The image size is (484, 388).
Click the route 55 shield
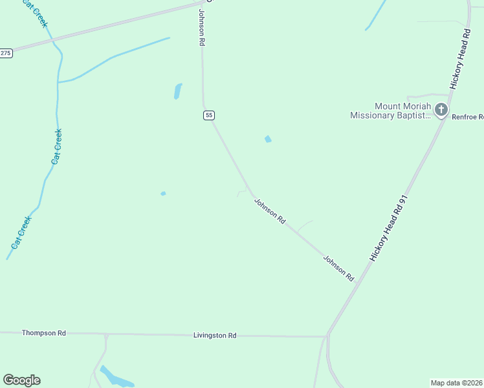tap(208, 115)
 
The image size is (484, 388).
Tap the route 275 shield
tap(6, 53)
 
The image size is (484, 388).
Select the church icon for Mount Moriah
tap(441, 110)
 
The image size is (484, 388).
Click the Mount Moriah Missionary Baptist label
tap(391, 111)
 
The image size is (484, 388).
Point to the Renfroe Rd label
tap(468, 117)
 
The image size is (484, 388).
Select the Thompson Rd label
tap(44, 333)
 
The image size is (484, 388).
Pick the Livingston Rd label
tap(215, 336)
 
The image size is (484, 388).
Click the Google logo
tap(21, 380)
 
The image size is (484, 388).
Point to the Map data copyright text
tap(457, 382)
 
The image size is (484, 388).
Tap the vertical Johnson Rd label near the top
tap(202, 27)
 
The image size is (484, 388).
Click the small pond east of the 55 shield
tap(268, 139)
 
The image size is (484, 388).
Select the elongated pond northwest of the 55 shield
tap(177, 91)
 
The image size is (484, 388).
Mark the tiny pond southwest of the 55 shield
tap(163, 193)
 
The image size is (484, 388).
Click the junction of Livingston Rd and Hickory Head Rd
tap(327, 336)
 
